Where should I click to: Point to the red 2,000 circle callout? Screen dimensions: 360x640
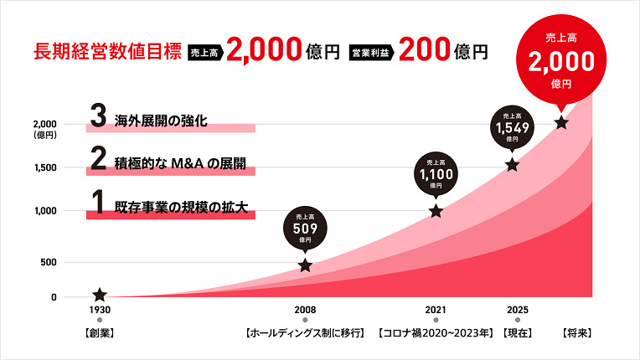point(560,59)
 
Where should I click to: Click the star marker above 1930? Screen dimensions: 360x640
point(100,295)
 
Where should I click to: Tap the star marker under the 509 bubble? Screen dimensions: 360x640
point(305,265)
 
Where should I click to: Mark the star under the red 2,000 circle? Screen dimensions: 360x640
point(561,123)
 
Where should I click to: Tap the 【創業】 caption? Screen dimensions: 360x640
point(100,333)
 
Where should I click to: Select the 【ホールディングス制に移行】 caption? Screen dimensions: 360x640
point(305,333)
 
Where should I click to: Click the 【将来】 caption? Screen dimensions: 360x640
point(577,333)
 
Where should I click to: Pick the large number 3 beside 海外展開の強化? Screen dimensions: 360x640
point(97,118)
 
